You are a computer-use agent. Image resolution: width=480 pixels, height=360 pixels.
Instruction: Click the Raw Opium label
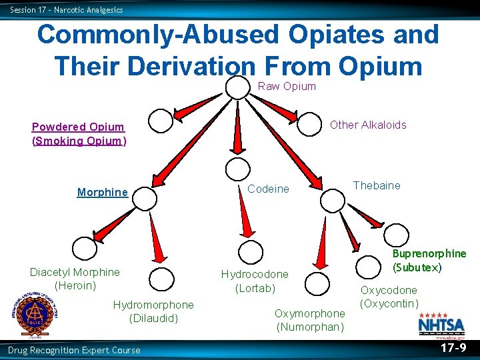(x=287, y=87)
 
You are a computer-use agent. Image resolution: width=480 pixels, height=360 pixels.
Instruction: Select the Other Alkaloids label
(x=368, y=125)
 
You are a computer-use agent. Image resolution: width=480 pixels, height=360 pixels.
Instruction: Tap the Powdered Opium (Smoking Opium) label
(x=78, y=134)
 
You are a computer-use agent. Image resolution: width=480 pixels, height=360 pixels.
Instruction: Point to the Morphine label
(x=102, y=193)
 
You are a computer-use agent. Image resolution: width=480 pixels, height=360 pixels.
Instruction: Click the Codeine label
(x=268, y=189)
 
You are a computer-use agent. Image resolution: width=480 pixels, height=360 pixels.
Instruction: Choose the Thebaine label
(x=377, y=185)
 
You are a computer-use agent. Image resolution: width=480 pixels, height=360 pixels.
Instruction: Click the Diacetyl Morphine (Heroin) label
(x=75, y=279)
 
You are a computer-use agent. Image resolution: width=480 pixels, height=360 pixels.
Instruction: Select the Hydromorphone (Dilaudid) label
(x=153, y=311)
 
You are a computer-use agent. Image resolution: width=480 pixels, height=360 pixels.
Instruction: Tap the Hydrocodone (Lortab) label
(x=255, y=281)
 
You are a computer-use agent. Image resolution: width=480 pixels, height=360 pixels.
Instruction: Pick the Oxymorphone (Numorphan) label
(x=310, y=320)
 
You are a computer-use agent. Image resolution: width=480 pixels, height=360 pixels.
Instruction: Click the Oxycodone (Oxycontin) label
(x=389, y=297)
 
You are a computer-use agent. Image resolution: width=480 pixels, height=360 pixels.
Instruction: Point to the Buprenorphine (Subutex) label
(x=429, y=261)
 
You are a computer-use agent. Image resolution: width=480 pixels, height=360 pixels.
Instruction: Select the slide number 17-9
(x=453, y=348)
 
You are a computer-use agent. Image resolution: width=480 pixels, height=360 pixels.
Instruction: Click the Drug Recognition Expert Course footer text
(x=74, y=351)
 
